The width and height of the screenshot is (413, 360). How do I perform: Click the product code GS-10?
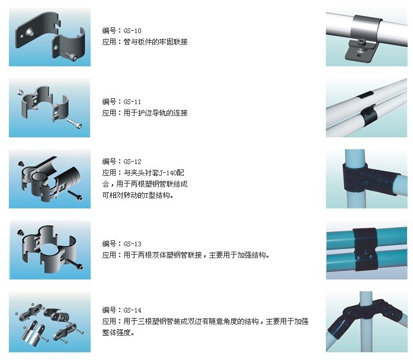click(x=133, y=31)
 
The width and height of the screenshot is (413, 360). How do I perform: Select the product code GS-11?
click(x=132, y=102)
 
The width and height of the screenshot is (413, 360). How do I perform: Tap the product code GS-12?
click(x=133, y=162)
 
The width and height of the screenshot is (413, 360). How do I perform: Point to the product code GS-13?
click(x=133, y=244)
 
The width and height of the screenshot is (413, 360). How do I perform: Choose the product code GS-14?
click(x=133, y=310)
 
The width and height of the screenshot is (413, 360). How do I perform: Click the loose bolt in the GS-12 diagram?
click(x=75, y=195)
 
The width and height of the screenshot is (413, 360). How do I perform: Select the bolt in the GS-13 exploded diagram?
click(x=76, y=265)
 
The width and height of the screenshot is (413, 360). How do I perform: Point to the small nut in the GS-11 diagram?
click(x=20, y=92)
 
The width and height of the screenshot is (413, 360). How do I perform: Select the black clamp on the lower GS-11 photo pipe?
click(x=367, y=117)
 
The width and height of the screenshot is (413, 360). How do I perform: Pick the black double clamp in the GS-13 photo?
click(x=365, y=249)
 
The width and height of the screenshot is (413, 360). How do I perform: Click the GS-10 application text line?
click(x=145, y=42)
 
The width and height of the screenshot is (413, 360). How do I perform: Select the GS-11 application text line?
click(x=145, y=113)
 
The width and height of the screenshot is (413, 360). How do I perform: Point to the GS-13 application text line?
click(x=185, y=255)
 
